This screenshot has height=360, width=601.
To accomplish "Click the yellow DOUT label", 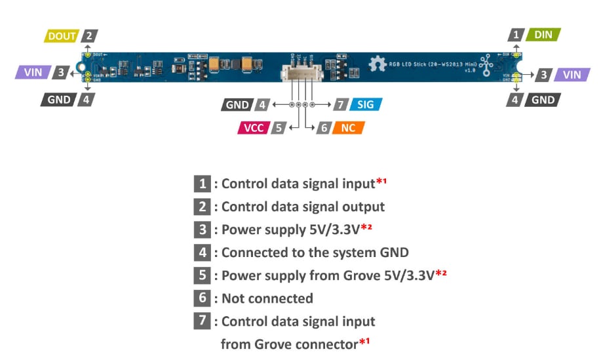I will [62, 36].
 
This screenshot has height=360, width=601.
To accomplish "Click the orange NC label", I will [348, 127].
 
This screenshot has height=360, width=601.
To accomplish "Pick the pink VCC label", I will [253, 127].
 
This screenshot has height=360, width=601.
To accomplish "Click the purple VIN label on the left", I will [33, 72].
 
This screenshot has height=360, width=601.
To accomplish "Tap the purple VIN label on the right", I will [572, 74].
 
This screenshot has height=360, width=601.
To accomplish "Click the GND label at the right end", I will [543, 100].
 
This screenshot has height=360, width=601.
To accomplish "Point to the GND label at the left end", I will [60, 100].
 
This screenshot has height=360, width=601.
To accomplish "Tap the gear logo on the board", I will [376, 64].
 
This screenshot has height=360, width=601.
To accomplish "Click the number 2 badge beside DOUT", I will [90, 36].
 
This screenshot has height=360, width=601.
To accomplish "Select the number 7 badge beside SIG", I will [340, 104].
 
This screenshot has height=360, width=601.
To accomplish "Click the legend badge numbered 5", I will [203, 275].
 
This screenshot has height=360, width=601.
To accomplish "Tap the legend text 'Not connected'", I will [267, 298].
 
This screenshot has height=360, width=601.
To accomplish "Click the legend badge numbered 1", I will [203, 184].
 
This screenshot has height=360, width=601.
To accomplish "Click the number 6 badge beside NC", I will [323, 127].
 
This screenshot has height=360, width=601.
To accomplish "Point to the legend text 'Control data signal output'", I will [303, 207].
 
